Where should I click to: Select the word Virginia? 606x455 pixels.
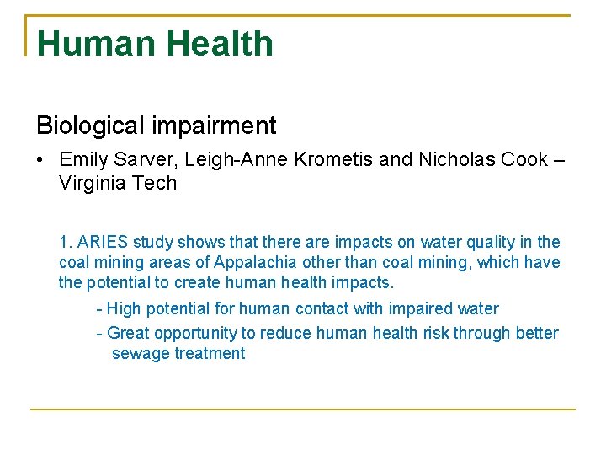(93, 183)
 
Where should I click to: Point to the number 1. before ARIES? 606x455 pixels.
(65, 243)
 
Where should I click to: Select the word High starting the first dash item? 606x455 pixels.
(125, 309)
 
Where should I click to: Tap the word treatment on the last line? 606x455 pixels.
(210, 354)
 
